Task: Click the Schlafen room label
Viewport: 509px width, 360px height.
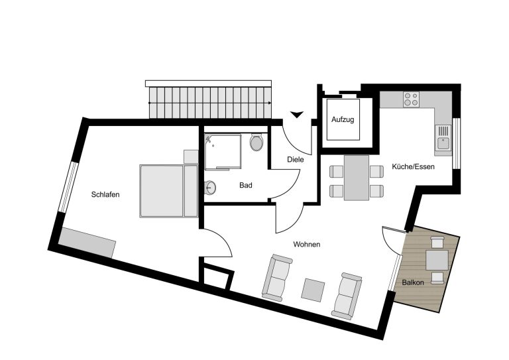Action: coord(105,194)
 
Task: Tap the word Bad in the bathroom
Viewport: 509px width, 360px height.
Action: coord(246,186)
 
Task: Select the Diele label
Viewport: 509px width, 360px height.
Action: coord(296,159)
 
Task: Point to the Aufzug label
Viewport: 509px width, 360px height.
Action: coord(343,119)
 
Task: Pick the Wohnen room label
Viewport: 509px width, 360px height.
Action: coord(307,244)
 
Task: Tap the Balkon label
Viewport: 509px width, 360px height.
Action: coord(413,282)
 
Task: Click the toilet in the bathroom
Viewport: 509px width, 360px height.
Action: coord(256,142)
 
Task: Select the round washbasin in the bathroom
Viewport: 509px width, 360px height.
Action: coord(210,188)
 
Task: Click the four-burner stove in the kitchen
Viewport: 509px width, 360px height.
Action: coord(411,99)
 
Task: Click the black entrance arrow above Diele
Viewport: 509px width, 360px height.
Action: coord(297,114)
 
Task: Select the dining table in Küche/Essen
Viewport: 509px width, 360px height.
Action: coord(357,178)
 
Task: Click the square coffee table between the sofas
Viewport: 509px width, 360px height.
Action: coord(313,290)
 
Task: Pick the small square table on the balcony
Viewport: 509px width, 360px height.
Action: coord(437,260)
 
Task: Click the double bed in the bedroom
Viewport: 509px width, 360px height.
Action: coord(169,191)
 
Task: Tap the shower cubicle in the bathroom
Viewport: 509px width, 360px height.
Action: coord(223,152)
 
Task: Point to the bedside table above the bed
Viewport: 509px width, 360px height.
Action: coord(191,156)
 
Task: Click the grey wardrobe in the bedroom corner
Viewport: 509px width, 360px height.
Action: coord(87,243)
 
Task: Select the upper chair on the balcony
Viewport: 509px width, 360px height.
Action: coord(437,242)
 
